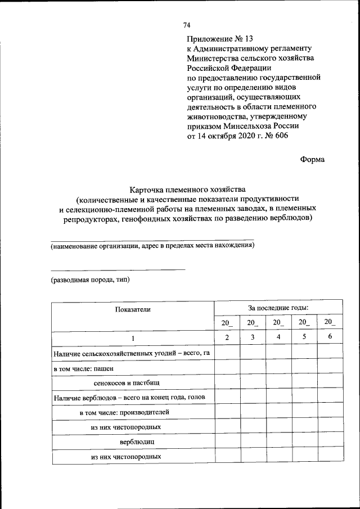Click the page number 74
coord(187,25)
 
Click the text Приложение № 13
coord(220,39)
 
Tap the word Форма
coord(313,159)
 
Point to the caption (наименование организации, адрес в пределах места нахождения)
coord(152,246)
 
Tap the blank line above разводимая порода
coord(118,270)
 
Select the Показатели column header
coord(133,309)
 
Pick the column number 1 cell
coord(133,337)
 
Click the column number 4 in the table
coord(278,337)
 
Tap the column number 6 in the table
coord(330,337)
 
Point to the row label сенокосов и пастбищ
coord(127,383)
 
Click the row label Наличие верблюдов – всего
coord(125,398)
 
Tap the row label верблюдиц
coord(133,442)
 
